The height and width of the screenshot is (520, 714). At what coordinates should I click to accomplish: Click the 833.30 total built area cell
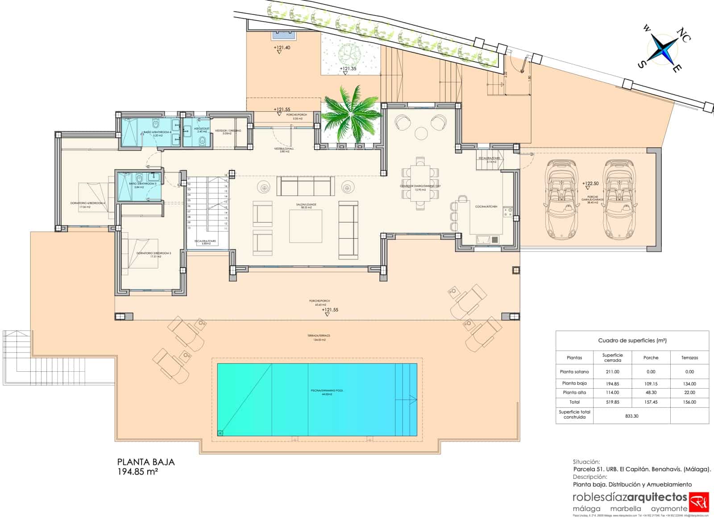632,416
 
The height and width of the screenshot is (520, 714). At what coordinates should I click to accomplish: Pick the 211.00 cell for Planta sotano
612,372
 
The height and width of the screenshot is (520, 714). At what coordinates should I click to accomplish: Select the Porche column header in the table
651,357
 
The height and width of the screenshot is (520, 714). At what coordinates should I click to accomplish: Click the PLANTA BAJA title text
145,462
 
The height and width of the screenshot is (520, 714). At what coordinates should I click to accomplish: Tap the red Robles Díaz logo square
699,502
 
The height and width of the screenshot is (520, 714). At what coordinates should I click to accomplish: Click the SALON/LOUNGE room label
306,205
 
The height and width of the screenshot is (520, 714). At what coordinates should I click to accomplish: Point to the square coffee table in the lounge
306,226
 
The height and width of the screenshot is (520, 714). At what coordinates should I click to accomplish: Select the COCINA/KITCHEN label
486,207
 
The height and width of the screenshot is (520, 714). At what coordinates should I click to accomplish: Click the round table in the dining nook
422,133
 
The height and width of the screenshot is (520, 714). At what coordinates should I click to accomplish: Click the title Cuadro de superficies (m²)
632,340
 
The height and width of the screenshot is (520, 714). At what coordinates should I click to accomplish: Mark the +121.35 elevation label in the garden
348,69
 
